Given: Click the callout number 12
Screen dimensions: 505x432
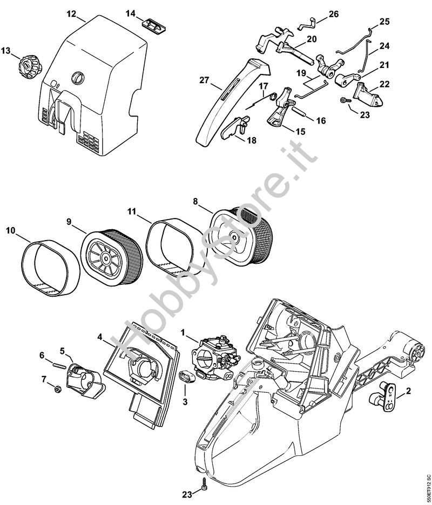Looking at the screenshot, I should click(x=71, y=13).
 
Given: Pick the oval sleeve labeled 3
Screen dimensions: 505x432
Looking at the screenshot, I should click(x=186, y=376).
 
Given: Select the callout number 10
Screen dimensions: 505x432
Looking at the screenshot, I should click(x=10, y=231).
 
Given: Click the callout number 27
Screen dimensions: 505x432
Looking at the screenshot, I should click(x=203, y=80).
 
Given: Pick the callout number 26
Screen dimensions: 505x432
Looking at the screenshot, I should click(x=333, y=13).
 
